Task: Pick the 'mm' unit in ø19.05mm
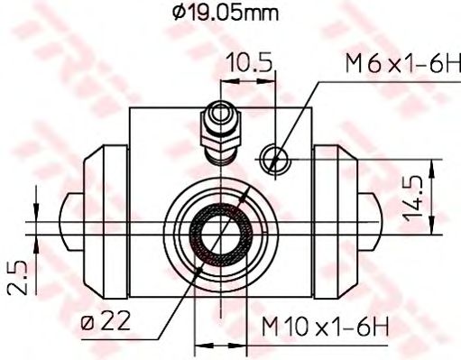click(x=261, y=14)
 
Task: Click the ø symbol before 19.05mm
click(x=180, y=14)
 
